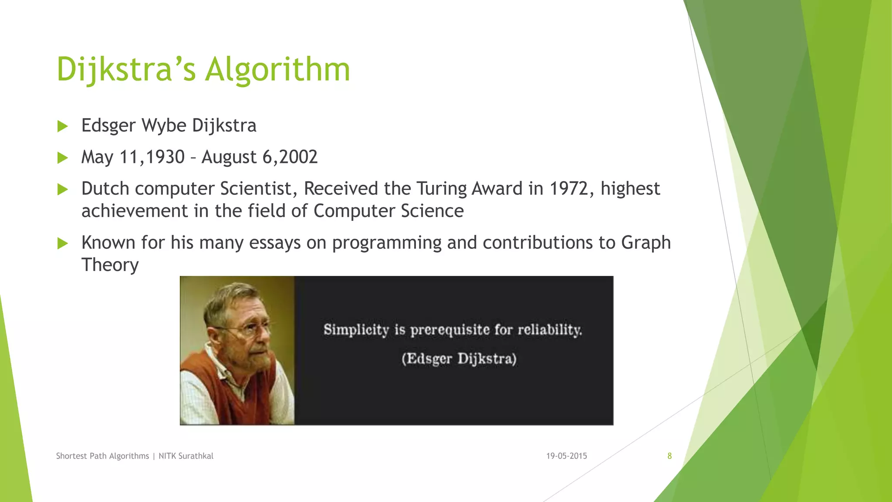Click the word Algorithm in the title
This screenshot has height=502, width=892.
277,70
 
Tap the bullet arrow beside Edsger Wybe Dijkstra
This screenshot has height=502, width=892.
63,126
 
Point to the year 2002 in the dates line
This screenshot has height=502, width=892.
298,157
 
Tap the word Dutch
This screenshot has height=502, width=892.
105,189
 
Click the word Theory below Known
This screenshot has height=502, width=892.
110,265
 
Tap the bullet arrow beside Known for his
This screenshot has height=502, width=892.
63,243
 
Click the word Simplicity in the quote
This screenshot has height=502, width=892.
356,330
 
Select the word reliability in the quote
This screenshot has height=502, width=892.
550,330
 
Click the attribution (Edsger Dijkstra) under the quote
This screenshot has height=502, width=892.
459,359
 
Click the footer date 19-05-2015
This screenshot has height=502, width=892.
566,456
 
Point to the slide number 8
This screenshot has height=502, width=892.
669,456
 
